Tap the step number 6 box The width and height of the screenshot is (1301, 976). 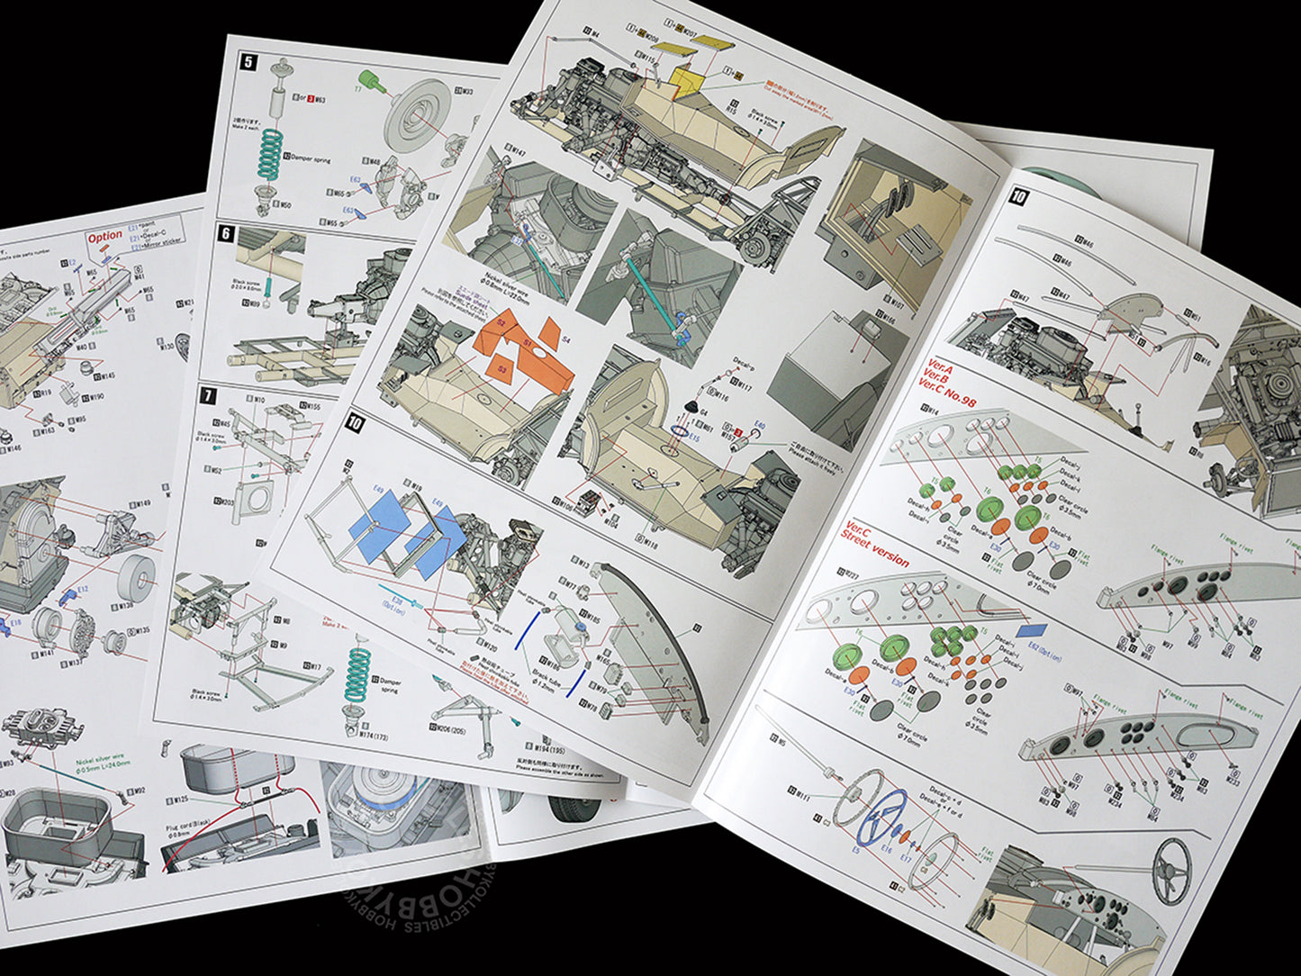[225, 234]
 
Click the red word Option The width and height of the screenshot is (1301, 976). [104, 237]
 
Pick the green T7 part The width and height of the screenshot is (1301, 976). [371, 83]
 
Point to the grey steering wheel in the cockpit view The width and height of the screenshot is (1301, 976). [1171, 870]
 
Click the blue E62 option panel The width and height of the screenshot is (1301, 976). [1031, 630]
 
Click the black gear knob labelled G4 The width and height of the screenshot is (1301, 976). [695, 406]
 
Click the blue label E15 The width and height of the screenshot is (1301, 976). [694, 438]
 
